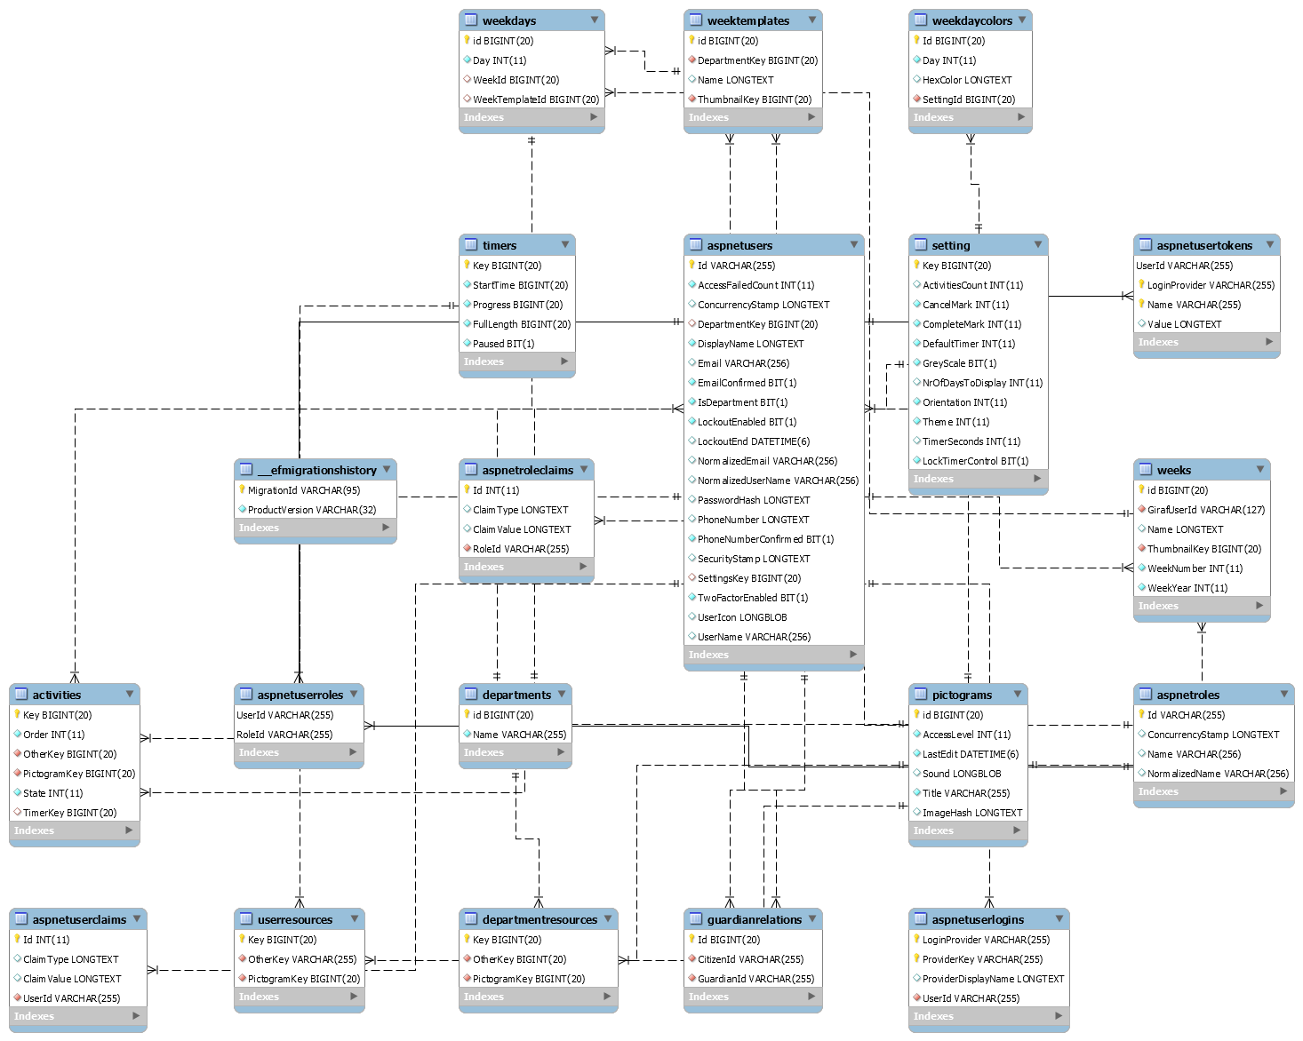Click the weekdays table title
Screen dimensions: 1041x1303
coord(508,20)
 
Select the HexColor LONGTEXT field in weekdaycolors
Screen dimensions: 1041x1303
coord(966,80)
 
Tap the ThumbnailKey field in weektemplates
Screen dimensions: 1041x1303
coord(754,99)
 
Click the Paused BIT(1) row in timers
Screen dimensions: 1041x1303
coord(503,344)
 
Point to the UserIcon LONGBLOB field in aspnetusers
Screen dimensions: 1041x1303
coord(741,617)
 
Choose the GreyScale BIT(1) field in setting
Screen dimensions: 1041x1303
coord(959,363)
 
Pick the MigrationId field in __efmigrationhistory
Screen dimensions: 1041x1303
coord(303,490)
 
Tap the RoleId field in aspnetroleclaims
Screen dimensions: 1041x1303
coord(520,549)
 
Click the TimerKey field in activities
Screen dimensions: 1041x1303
coord(69,813)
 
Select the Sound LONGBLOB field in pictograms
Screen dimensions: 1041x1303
coord(961,774)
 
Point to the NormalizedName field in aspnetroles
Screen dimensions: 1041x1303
coord(1217,774)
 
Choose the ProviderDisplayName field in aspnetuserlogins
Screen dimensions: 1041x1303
coord(993,979)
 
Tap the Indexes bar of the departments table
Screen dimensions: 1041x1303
coord(515,752)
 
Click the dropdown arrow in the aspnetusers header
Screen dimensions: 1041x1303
coord(854,244)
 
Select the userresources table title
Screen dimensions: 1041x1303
coord(294,919)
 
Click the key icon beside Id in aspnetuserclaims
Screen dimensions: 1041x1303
coord(17,939)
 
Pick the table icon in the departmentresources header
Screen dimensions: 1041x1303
coord(471,919)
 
